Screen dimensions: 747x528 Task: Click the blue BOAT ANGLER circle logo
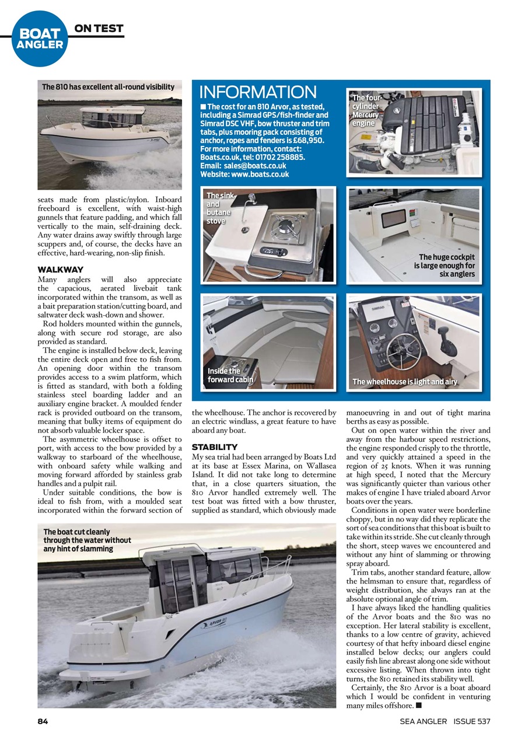[x=40, y=39]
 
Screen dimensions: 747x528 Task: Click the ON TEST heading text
[x=98, y=28]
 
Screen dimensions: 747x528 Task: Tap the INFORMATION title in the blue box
[x=258, y=92]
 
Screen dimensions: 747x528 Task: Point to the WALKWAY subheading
[x=61, y=270]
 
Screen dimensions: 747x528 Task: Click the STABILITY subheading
[x=215, y=447]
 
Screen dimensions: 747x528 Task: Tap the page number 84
[x=43, y=721]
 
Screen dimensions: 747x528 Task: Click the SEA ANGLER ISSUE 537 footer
[x=445, y=721]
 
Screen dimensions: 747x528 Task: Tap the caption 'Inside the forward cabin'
[x=230, y=375]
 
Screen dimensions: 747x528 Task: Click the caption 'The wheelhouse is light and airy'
[x=404, y=382]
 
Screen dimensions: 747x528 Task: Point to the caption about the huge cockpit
[x=446, y=265]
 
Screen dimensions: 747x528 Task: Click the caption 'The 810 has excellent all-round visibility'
[x=108, y=87]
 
